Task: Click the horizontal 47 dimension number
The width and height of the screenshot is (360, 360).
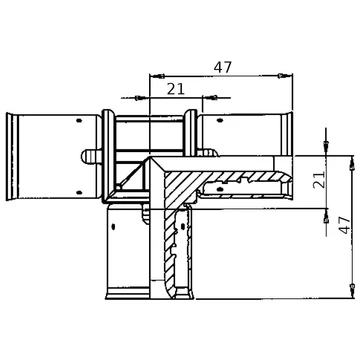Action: coord(222,67)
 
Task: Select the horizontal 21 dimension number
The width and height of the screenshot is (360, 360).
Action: coord(176,89)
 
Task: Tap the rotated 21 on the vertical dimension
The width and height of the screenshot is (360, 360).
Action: coord(319,180)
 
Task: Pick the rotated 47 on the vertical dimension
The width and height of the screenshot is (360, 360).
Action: coord(345,225)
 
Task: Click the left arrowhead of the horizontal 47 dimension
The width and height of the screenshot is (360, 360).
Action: coord(160,76)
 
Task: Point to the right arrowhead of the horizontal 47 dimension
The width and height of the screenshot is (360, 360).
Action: coord(282,76)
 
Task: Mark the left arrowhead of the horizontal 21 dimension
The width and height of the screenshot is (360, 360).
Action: coord(140,98)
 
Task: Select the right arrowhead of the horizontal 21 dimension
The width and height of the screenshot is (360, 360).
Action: coord(212,98)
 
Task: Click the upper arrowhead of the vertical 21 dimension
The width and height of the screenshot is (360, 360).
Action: coord(326,145)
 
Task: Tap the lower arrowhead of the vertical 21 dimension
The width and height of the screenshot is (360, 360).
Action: coord(326,218)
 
